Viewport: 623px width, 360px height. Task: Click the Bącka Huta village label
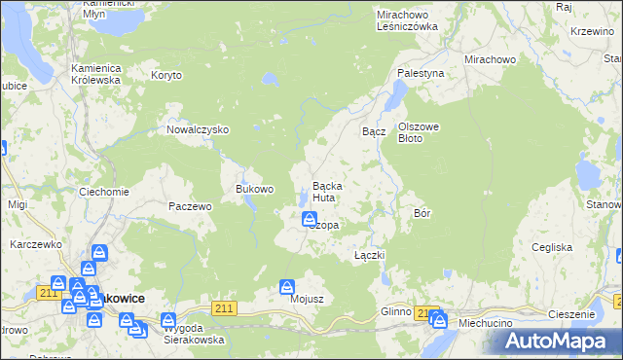(325, 191)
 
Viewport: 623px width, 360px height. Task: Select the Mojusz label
(306, 300)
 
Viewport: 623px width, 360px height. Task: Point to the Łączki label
(370, 255)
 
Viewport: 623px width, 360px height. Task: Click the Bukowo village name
(255, 189)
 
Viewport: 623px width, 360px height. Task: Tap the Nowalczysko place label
(197, 129)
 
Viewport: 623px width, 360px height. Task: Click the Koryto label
(166, 74)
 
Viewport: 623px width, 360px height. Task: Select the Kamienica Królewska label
(95, 74)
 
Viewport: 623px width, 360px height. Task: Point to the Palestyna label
(421, 73)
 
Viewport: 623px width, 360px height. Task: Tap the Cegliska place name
(552, 247)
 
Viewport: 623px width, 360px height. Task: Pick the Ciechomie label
(104, 192)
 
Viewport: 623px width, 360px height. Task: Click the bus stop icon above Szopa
(309, 219)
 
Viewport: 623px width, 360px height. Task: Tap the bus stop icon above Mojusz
(287, 287)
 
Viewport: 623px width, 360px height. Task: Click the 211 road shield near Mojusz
(225, 308)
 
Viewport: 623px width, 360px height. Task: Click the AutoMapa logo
(560, 342)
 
